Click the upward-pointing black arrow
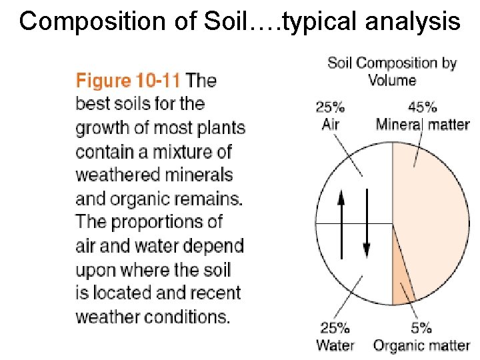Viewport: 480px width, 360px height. (341, 223)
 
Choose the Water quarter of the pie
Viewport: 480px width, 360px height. (353, 267)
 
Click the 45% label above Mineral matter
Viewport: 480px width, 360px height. (423, 107)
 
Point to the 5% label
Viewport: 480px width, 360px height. (421, 327)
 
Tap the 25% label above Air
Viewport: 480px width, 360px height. (330, 107)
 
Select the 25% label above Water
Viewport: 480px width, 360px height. (335, 327)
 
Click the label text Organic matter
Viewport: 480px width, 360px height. (421, 345)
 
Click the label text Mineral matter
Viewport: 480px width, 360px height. (423, 124)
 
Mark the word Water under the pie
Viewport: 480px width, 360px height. (335, 345)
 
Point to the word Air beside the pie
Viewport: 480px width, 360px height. (330, 124)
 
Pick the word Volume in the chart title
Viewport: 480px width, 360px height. (392, 80)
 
